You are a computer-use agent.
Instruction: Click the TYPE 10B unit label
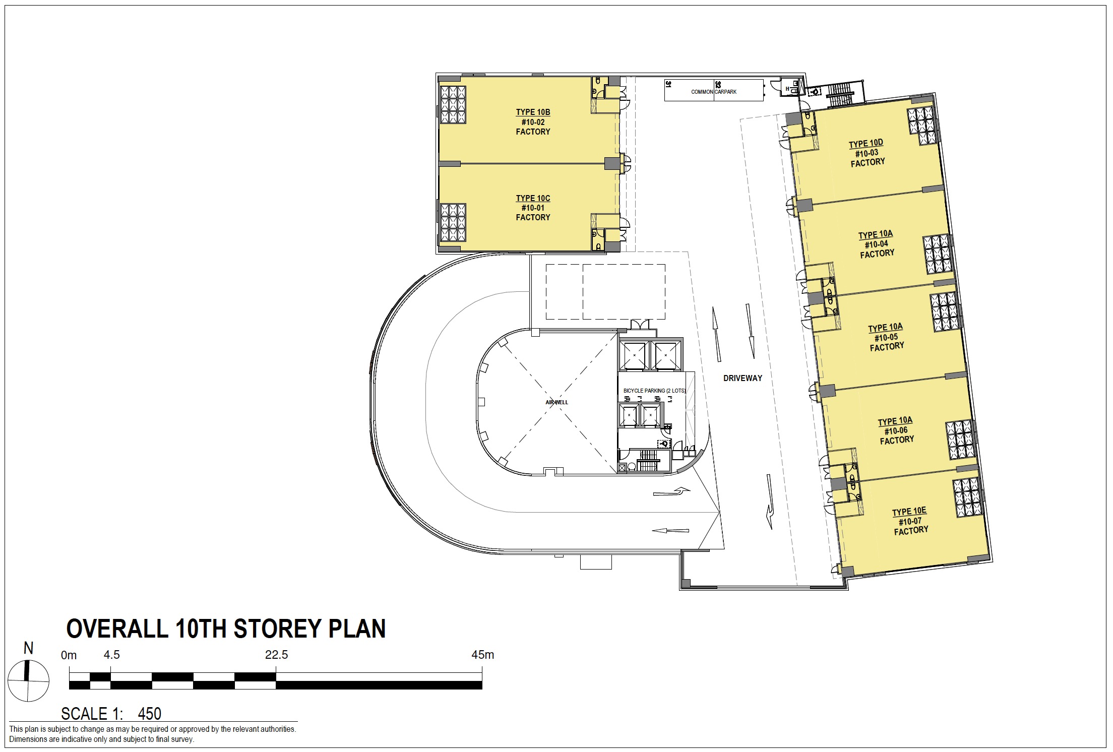[533, 112]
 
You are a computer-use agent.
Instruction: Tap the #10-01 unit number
[533, 208]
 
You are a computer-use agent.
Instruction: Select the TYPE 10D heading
[865, 144]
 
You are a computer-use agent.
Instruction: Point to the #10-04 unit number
[876, 244]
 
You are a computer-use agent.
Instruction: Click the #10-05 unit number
[886, 337]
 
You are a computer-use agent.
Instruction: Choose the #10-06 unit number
[896, 431]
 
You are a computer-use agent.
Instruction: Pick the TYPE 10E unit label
[909, 512]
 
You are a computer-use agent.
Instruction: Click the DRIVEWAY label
[743, 378]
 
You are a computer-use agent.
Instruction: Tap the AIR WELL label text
[556, 402]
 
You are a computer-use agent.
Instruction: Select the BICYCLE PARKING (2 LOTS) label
[654, 391]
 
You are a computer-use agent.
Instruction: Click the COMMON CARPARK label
[714, 92]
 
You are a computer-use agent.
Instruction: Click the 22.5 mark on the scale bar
[276, 655]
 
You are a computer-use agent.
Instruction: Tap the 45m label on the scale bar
[482, 655]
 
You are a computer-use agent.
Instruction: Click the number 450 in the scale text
[149, 714]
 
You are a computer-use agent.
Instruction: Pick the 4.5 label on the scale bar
[111, 655]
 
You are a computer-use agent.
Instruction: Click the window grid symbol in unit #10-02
[453, 104]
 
